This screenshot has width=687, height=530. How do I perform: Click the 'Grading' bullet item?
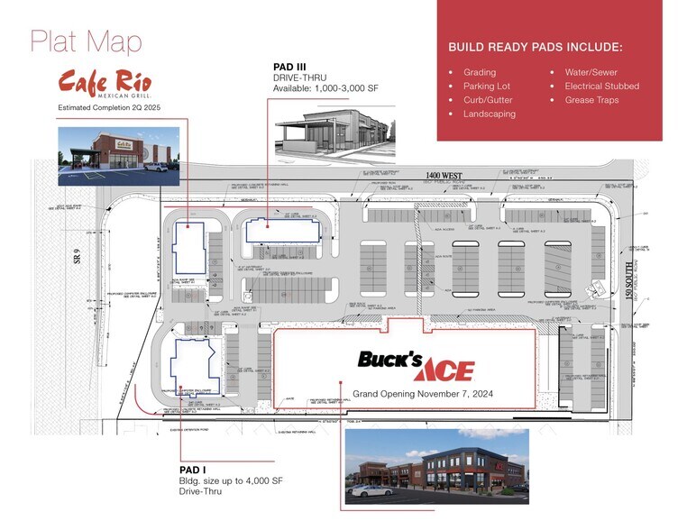pos(480,71)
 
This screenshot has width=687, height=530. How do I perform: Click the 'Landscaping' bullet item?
pos(490,114)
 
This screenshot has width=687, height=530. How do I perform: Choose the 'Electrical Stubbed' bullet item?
pos(602,86)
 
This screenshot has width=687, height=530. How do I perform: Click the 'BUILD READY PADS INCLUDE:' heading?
pos(536,47)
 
